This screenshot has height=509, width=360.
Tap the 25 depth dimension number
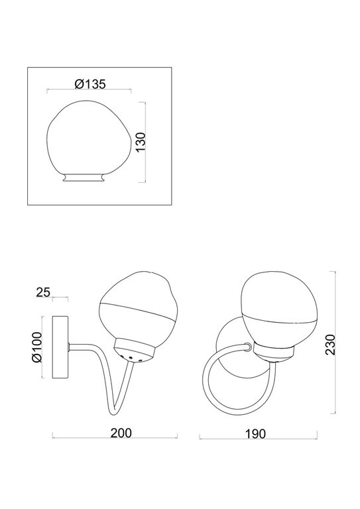(x=44, y=292)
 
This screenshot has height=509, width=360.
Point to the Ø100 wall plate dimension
(x=36, y=347)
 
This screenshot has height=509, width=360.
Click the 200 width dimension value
(x=119, y=433)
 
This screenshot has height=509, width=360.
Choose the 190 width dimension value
(x=255, y=433)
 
